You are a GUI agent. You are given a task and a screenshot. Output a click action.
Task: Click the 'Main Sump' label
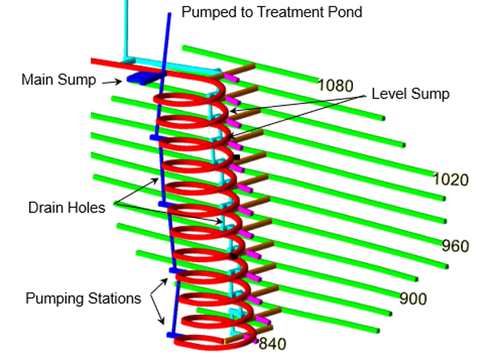(x=59, y=79)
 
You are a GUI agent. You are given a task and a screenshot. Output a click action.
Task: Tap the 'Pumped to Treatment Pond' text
(x=271, y=12)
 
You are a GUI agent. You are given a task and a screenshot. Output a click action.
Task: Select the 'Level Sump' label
(x=411, y=94)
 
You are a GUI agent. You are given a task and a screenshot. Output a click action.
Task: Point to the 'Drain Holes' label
(x=67, y=208)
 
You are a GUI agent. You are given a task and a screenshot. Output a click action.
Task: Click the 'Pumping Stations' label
(x=83, y=298)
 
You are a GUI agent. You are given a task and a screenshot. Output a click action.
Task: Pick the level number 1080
(x=336, y=85)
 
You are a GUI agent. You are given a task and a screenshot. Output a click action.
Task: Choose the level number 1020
(x=451, y=179)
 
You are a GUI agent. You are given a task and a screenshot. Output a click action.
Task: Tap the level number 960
(x=455, y=246)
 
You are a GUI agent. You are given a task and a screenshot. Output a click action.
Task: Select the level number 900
(x=413, y=298)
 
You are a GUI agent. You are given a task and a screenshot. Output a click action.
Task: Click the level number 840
(x=272, y=344)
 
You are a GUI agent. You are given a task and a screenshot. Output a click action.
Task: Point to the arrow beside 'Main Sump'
(x=112, y=82)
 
